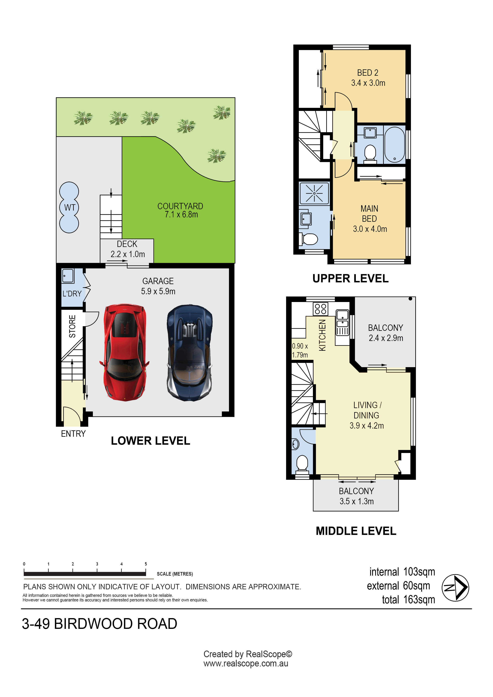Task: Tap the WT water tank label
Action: point(70,208)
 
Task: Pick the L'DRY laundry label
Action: point(72,294)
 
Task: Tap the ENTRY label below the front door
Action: point(73,434)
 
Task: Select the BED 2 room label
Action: point(368,73)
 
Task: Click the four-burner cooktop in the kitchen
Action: point(320,309)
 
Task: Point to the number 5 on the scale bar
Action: point(146,564)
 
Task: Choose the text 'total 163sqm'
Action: point(408,600)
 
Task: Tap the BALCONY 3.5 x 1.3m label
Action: point(356,496)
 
